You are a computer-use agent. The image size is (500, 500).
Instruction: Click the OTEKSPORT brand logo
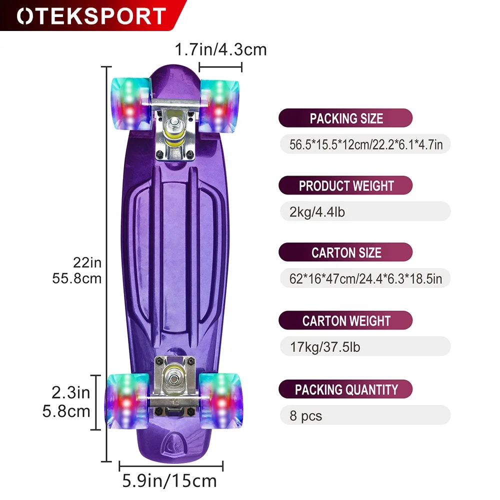[91, 16]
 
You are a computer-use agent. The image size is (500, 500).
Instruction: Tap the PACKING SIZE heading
[346, 118]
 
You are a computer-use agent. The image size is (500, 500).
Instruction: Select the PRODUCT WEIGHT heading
[346, 186]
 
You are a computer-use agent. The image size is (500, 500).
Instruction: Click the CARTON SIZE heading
[346, 253]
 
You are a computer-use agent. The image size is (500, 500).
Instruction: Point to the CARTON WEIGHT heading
[346, 320]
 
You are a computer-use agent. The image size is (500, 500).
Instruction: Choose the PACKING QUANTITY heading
[346, 389]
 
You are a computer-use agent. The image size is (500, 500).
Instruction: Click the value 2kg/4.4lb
[317, 212]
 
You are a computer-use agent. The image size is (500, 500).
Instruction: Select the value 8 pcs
[306, 415]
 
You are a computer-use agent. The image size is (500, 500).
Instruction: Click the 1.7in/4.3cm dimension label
[220, 50]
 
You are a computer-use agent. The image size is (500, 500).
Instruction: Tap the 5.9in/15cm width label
[170, 481]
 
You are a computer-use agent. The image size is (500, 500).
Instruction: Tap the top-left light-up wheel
[128, 103]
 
